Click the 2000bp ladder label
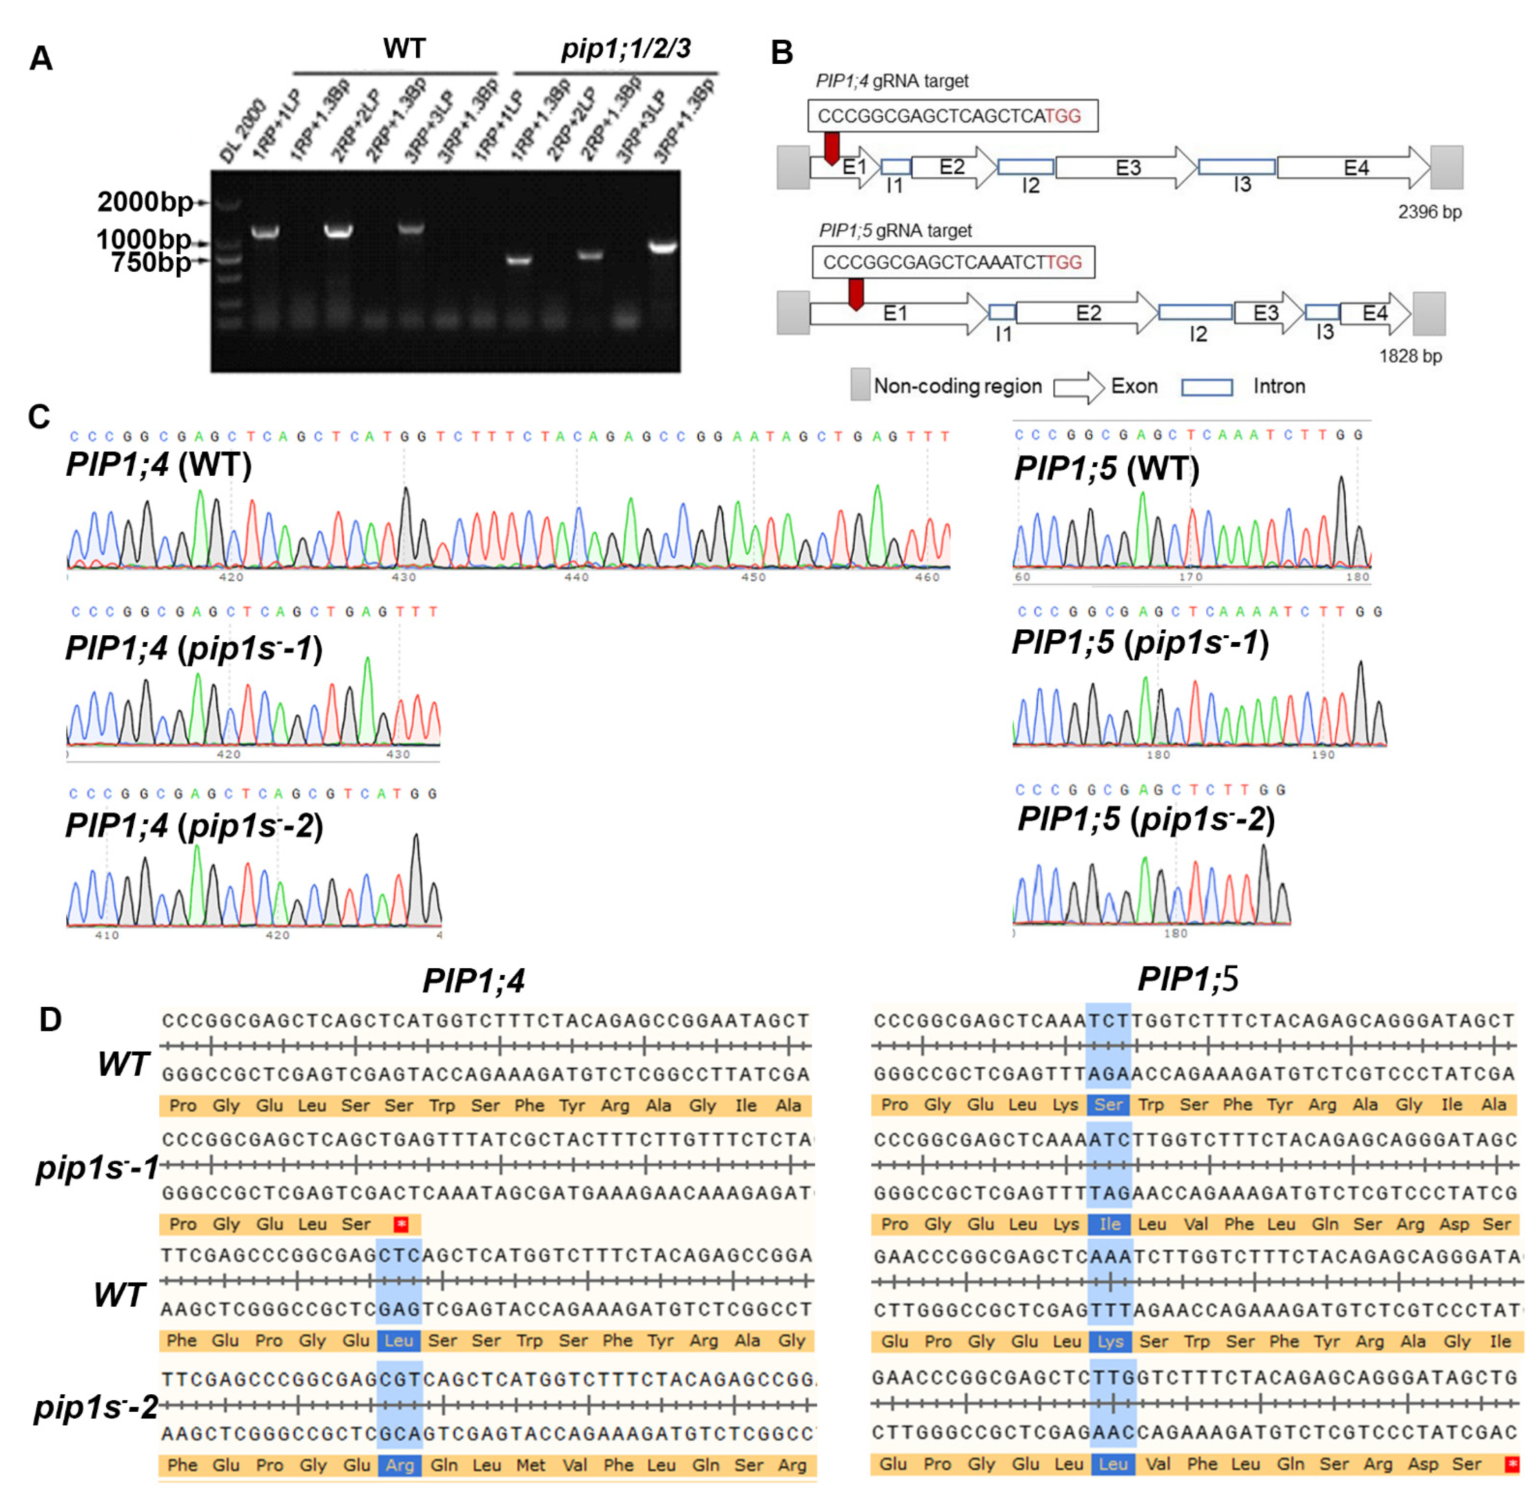[145, 202]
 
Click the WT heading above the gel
[404, 49]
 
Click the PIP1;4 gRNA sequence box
[952, 116]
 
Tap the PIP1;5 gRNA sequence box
[953, 262]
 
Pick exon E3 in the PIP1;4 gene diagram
[1127, 168]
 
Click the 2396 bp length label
[1429, 212]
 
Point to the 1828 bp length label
[1410, 356]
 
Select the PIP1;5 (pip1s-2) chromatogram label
[1145, 819]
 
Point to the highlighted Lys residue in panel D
[1110, 1341]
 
